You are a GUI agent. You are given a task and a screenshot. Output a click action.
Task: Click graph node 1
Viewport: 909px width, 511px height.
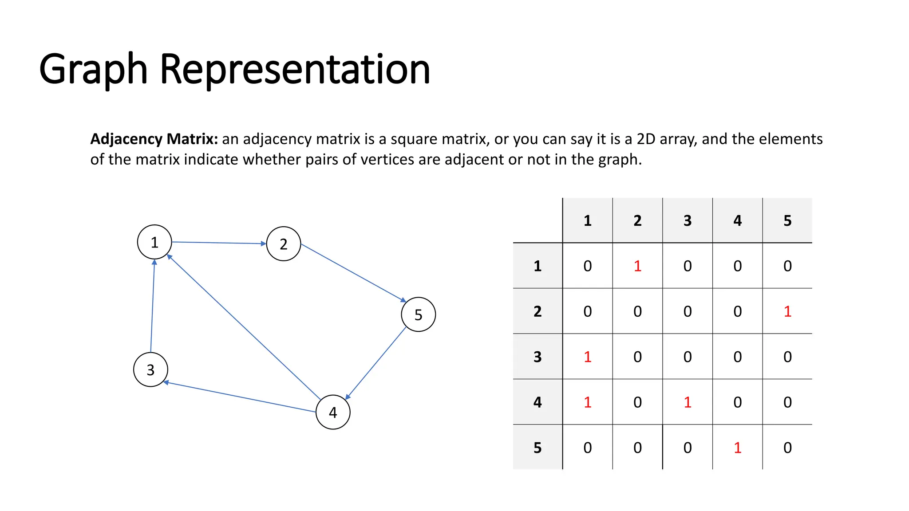point(154,242)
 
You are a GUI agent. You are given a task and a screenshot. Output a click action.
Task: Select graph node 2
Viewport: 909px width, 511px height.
point(284,244)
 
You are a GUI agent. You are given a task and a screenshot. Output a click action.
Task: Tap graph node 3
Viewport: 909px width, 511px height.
point(150,369)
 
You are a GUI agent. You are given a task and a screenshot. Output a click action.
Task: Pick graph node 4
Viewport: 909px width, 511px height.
point(333,412)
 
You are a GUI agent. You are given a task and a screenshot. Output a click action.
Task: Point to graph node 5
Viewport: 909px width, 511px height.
point(418,314)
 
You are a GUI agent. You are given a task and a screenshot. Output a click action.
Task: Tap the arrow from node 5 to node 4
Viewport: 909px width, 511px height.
point(375,364)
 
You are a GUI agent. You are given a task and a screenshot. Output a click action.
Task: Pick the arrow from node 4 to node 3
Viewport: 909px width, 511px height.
point(240,397)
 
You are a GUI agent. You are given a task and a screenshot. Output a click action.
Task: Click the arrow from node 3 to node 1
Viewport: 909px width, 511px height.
point(152,306)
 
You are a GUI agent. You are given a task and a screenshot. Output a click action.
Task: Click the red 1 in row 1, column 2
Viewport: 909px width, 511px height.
point(637,266)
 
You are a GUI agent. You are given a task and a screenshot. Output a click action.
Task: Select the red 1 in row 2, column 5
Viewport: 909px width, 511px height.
point(787,311)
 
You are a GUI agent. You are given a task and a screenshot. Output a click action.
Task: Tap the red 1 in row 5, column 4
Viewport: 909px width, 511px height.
point(737,448)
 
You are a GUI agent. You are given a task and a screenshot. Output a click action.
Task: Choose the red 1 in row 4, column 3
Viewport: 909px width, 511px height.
point(688,402)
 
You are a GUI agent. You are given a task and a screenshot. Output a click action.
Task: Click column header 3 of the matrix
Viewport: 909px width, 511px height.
point(688,220)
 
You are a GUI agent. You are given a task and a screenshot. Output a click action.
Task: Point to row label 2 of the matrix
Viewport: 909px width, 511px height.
point(537,311)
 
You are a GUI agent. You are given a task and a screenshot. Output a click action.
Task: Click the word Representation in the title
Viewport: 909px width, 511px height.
point(295,69)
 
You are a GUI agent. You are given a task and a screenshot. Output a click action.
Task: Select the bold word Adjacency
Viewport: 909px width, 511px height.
point(126,139)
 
